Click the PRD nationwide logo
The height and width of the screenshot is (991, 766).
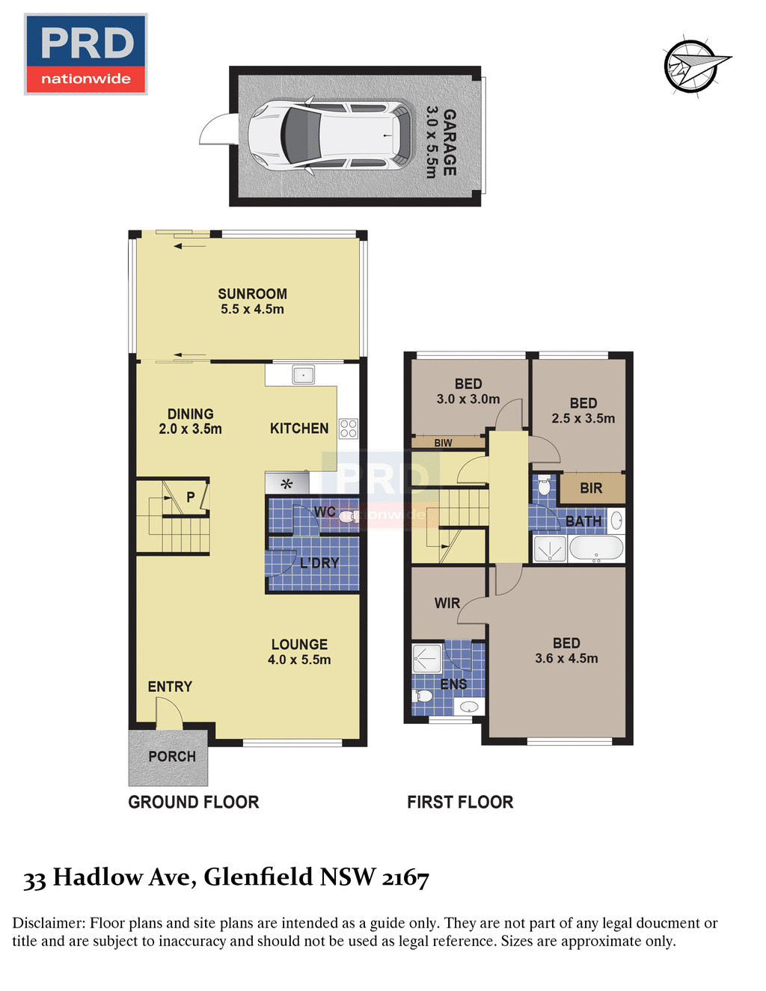tap(85, 54)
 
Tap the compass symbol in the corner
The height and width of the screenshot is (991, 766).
tap(692, 66)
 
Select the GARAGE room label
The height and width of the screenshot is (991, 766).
tap(449, 142)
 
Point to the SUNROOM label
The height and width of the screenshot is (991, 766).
tap(252, 294)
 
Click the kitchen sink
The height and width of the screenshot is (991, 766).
tap(303, 375)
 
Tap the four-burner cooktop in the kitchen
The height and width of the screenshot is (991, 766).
tap(349, 429)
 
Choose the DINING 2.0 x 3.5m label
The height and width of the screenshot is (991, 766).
tap(190, 422)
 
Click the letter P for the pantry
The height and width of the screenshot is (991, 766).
tap(191, 497)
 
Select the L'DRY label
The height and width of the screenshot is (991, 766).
tap(319, 563)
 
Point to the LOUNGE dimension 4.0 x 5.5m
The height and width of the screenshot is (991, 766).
tap(299, 660)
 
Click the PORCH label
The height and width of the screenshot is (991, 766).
tap(172, 757)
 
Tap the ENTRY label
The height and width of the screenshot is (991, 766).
tap(170, 687)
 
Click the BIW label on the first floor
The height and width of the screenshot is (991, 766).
tap(443, 443)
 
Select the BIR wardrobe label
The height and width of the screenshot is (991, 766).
tap(591, 488)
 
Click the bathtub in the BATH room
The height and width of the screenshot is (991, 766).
tap(596, 548)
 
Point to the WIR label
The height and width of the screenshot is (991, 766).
tap(447, 603)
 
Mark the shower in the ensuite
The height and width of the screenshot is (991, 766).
tap(427, 658)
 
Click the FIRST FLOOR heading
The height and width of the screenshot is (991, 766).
tap(460, 803)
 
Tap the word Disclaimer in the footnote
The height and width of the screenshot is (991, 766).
tap(48, 923)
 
